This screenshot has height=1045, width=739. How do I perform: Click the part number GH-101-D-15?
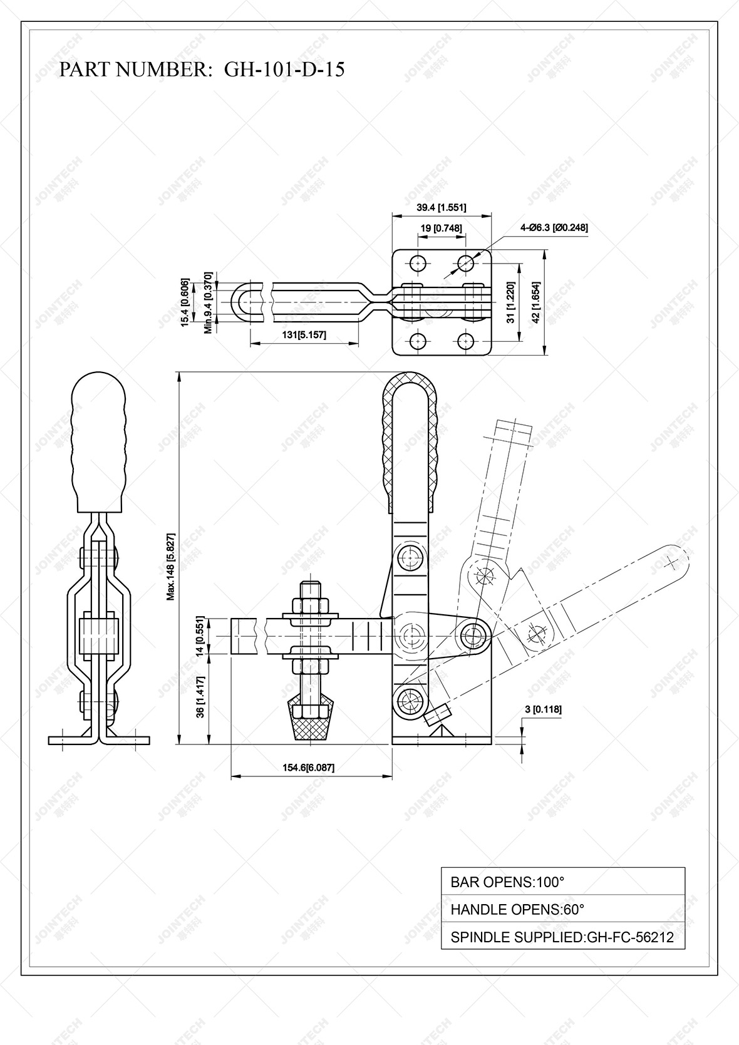284,69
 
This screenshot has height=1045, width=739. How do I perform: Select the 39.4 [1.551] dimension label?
441,207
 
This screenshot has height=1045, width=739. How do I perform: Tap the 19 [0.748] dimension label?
441,229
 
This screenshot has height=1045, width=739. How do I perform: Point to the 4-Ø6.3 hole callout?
554,228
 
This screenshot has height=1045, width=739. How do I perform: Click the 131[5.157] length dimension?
304,336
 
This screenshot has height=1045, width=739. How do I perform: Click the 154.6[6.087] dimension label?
308,768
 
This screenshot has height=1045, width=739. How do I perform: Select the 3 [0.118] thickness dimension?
542,709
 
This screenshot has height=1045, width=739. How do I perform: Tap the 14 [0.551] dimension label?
200,637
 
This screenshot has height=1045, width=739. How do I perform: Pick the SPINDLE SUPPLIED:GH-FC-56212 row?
562,937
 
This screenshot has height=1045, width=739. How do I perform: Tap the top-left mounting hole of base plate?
418,263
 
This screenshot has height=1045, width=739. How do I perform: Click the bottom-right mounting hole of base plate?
465,341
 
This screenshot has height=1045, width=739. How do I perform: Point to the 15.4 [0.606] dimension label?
185,302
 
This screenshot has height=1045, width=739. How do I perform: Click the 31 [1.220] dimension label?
511,302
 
